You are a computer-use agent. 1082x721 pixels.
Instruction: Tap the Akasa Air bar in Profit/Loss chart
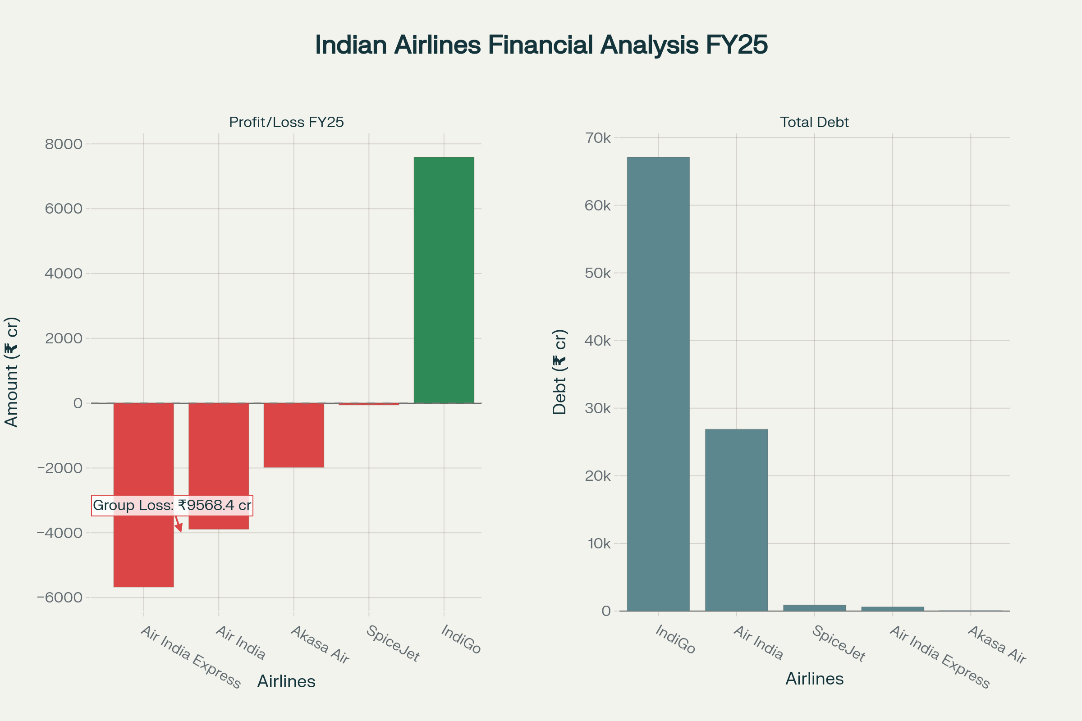[293, 435]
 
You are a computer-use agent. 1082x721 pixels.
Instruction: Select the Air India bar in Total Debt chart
[736, 520]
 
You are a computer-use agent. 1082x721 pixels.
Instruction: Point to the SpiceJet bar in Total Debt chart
[814, 608]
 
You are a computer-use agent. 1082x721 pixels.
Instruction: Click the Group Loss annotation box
[172, 505]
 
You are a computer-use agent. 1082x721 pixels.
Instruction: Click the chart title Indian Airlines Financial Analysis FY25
[541, 45]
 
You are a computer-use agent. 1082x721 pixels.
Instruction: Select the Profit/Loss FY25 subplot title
[286, 122]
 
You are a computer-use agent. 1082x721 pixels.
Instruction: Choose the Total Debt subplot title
[814, 122]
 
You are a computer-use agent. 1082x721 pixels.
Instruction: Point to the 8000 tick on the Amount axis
[64, 144]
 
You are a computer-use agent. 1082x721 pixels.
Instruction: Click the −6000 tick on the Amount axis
[60, 598]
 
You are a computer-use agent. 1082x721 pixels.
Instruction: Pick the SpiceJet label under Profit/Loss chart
[393, 644]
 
